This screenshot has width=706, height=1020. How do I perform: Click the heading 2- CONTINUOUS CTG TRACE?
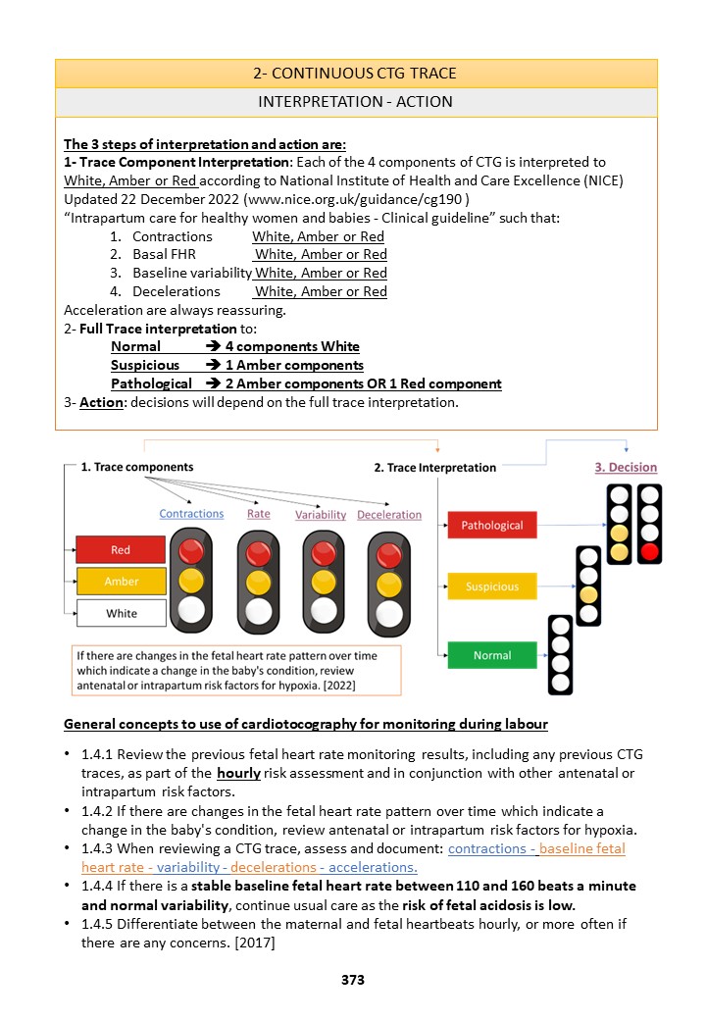pyautogui.click(x=356, y=74)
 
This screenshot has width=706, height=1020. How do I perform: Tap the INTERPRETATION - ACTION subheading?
pyautogui.click(x=356, y=102)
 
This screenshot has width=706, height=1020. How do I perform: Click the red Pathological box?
pyautogui.click(x=491, y=526)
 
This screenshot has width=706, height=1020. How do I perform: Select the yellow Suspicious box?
pyautogui.click(x=491, y=586)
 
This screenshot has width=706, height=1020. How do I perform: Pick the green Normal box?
pyautogui.click(x=491, y=655)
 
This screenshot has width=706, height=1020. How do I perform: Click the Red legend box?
pyautogui.click(x=121, y=550)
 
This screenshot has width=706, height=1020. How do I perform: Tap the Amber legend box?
pyautogui.click(x=121, y=582)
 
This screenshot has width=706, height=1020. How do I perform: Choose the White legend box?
pyautogui.click(x=121, y=613)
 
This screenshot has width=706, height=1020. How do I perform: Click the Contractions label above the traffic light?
pyautogui.click(x=191, y=513)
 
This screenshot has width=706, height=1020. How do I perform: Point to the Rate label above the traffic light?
pyautogui.click(x=258, y=513)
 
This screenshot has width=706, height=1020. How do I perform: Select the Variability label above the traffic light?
pyautogui.click(x=321, y=514)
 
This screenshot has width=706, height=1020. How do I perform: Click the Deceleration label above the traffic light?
pyautogui.click(x=389, y=514)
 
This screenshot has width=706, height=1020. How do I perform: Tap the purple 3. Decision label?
pyautogui.click(x=626, y=467)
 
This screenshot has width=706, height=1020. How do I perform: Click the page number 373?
pyautogui.click(x=353, y=979)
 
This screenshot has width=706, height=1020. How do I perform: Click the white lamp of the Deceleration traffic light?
pyautogui.click(x=389, y=612)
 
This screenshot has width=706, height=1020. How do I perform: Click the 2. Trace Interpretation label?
pyautogui.click(x=435, y=468)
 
